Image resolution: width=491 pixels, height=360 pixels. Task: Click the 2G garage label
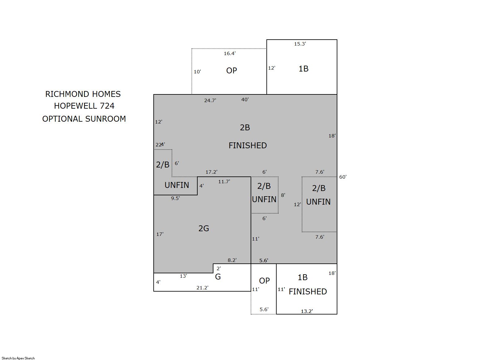[x=204, y=229]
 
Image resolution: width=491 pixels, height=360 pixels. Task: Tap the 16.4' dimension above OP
[x=230, y=54]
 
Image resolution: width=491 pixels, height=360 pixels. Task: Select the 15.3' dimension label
[x=300, y=44]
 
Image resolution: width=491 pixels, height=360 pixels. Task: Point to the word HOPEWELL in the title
[x=76, y=106]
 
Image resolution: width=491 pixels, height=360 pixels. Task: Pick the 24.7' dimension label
[x=210, y=101]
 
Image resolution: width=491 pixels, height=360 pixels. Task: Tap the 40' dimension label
[x=245, y=100]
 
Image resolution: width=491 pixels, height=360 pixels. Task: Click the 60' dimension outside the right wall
[x=343, y=177]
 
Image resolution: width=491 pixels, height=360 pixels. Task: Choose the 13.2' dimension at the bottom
[x=307, y=311]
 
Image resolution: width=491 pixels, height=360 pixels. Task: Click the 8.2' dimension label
[x=232, y=260]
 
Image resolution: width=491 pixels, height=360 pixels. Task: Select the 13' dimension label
[x=183, y=276]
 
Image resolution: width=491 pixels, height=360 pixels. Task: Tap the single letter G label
[x=218, y=277]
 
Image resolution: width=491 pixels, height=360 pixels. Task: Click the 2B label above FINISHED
[x=245, y=128]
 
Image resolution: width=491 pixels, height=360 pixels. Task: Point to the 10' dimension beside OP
[x=197, y=72]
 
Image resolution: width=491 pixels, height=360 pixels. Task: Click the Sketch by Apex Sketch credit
[x=18, y=358]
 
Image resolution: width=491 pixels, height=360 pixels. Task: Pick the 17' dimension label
[x=160, y=234]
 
